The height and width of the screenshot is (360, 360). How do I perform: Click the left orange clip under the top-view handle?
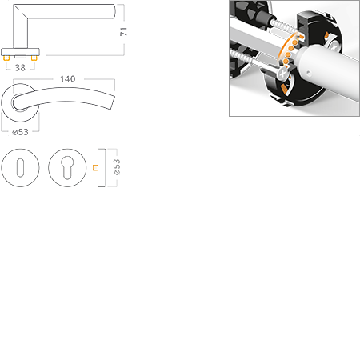8,59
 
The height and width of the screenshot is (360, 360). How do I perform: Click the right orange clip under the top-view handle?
34,59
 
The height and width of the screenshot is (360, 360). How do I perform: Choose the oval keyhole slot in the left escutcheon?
22,168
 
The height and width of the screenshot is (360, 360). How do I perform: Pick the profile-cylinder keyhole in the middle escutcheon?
66,168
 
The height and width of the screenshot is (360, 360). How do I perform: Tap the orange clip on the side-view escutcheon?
94,168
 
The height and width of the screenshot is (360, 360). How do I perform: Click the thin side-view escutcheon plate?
102,168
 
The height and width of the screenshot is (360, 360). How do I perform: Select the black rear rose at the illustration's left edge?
239,16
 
